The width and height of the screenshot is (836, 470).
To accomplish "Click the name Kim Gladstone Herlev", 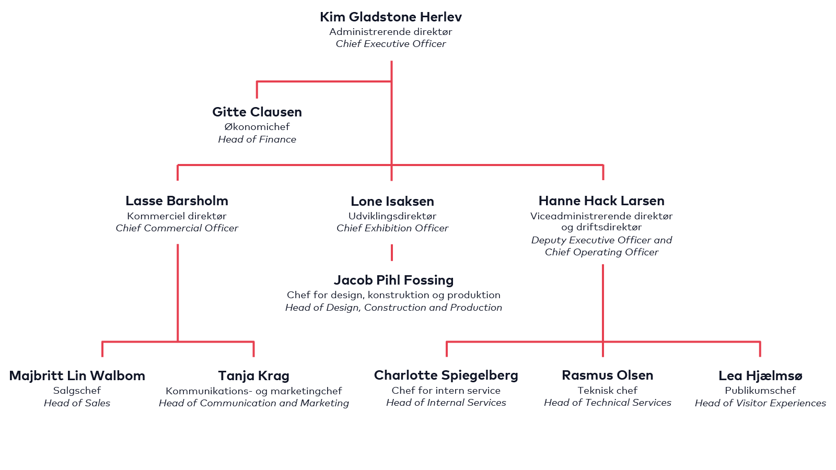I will [391, 17].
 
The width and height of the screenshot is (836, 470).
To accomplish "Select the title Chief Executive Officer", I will [391, 44].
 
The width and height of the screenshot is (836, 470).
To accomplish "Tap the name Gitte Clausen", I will [257, 112].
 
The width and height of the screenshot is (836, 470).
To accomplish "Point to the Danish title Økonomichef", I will [257, 127].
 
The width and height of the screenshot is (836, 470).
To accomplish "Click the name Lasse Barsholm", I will [177, 201].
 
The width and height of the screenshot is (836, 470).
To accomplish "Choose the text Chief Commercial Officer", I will [177, 228].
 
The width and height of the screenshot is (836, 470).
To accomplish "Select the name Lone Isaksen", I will [392, 202].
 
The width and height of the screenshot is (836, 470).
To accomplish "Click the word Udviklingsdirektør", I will [392, 216].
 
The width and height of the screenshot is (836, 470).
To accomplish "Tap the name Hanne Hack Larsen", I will [601, 201].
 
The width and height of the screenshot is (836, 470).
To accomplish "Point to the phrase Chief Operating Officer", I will [601, 252].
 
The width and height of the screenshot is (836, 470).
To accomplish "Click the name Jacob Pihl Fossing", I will [393, 280].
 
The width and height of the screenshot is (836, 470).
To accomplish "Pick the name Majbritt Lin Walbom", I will [77, 376].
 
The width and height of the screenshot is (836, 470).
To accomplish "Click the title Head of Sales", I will [77, 403].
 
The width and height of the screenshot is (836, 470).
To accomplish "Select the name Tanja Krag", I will [253, 376].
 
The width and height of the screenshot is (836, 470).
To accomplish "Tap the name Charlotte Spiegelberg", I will [446, 375].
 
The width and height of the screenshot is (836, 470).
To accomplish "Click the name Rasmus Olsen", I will [608, 375].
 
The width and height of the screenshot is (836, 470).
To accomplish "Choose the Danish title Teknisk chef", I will [608, 391].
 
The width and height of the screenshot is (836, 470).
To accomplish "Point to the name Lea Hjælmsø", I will [760, 376].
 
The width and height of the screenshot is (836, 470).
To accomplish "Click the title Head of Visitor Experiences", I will [760, 403].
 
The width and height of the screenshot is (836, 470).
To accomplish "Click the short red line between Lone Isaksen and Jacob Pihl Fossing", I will [392, 252].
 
